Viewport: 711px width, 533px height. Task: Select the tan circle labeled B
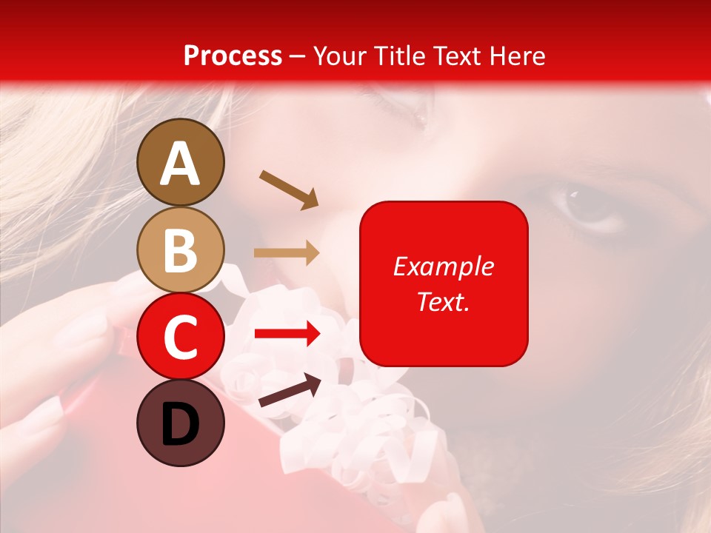[181, 250]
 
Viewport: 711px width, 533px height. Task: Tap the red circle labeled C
[181, 337]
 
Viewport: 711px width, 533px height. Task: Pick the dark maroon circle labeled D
[181, 423]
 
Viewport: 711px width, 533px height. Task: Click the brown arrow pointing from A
[289, 190]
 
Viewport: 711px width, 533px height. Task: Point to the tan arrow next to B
[287, 253]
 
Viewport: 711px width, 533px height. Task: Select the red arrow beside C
[287, 334]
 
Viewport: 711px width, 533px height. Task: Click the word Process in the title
[233, 56]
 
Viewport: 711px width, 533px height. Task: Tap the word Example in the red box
[444, 266]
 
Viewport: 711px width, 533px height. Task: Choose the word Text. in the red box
[444, 301]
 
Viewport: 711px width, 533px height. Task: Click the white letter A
[181, 164]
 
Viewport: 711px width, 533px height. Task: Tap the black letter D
[181, 426]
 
